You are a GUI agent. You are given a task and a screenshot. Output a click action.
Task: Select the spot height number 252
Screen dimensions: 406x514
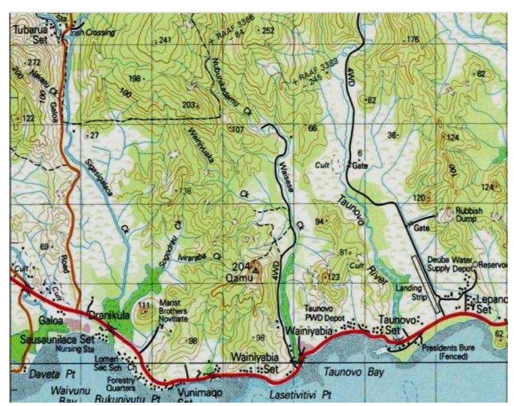pos(268,31)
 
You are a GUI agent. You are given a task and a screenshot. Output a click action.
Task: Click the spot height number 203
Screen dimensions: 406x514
pos(189,105)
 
